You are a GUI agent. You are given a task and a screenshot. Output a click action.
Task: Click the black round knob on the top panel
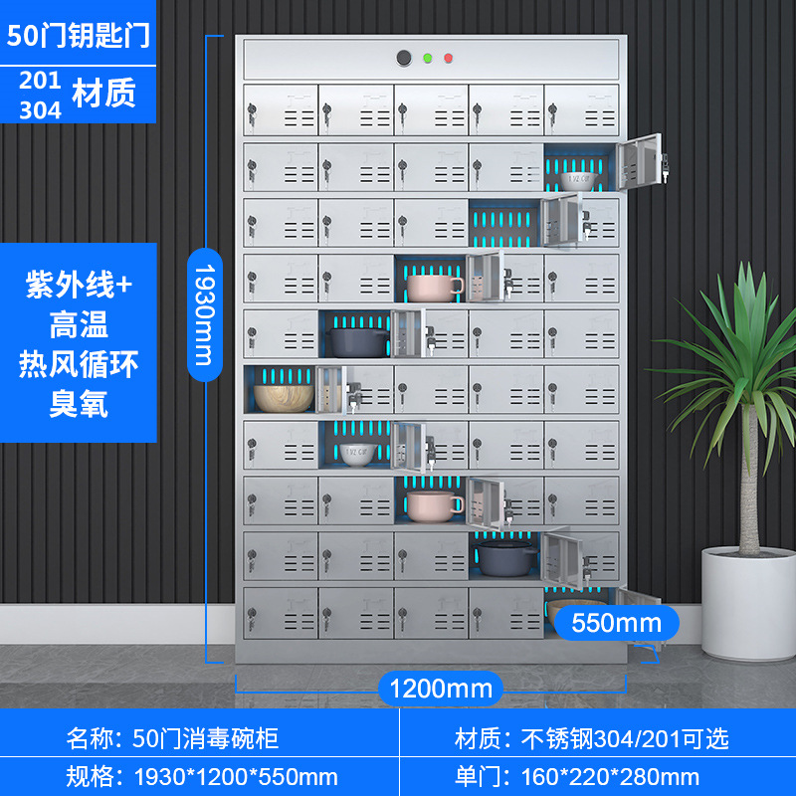click(404, 58)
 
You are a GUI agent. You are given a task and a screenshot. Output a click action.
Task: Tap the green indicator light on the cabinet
click(427, 58)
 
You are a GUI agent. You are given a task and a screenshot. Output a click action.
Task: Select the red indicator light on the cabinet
click(449, 58)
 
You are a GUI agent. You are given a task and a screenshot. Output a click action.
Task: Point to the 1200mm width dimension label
click(440, 688)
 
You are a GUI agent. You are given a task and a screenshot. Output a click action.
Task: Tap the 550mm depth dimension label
click(616, 624)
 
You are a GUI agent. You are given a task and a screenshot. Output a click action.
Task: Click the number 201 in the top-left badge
click(40, 81)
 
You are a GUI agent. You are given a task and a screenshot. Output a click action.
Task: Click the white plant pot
click(748, 601)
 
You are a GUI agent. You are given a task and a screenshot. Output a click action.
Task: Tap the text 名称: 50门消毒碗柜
click(172, 737)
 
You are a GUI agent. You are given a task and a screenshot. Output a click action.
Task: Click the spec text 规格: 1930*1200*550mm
click(202, 776)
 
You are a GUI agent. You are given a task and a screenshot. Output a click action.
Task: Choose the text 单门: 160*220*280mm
click(576, 776)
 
